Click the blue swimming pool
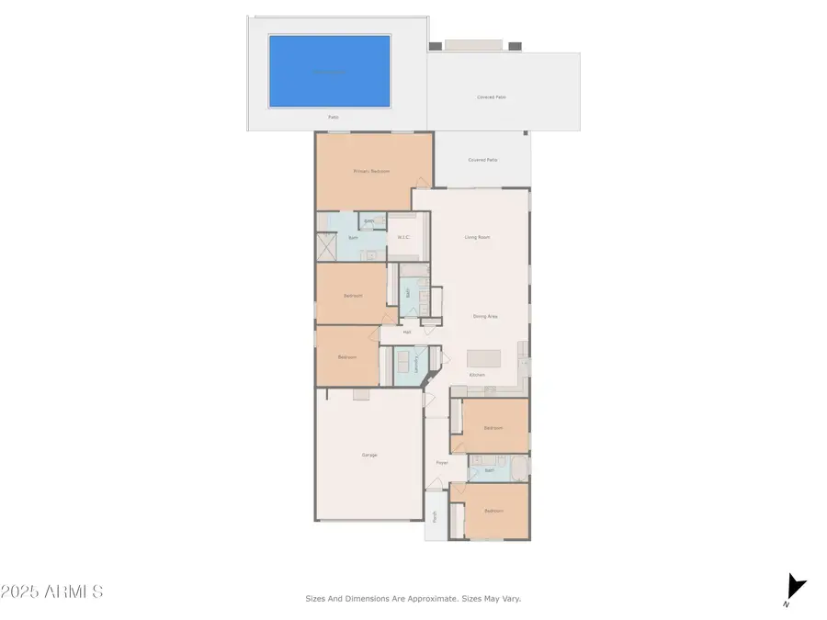tap(329, 71)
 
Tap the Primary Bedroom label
tap(372, 171)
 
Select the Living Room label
tap(477, 237)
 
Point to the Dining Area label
tap(485, 316)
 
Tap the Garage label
tap(369, 455)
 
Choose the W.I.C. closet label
tap(402, 238)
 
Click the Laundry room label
tap(416, 365)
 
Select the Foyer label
tap(442, 462)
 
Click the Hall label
tap(406, 332)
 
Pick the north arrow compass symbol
tap(795, 588)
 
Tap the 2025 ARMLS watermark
tap(51, 592)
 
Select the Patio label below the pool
tap(334, 118)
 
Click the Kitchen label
tap(477, 376)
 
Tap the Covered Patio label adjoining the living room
tap(482, 160)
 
